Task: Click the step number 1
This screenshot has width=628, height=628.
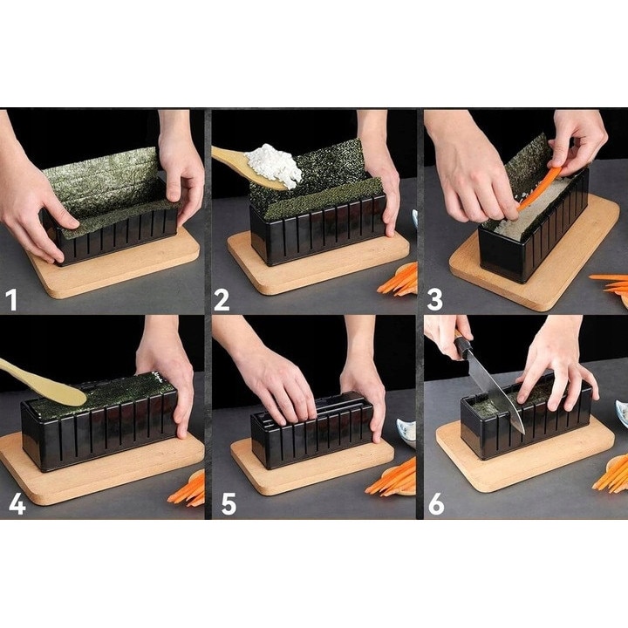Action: [12, 300]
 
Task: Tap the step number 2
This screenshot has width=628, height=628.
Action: [222, 300]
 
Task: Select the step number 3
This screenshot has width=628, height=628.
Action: [435, 300]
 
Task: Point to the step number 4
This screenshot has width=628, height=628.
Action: [17, 504]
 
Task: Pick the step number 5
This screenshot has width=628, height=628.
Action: [229, 504]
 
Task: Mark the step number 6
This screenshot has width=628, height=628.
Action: [436, 504]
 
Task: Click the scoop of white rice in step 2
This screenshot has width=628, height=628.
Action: [275, 165]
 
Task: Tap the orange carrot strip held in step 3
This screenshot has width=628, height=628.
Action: [539, 188]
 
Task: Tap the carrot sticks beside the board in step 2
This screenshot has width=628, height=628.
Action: [398, 280]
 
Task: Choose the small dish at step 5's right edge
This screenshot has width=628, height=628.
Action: [406, 433]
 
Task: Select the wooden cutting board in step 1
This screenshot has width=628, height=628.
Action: [116, 263]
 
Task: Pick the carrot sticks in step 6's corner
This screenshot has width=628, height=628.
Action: [611, 474]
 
